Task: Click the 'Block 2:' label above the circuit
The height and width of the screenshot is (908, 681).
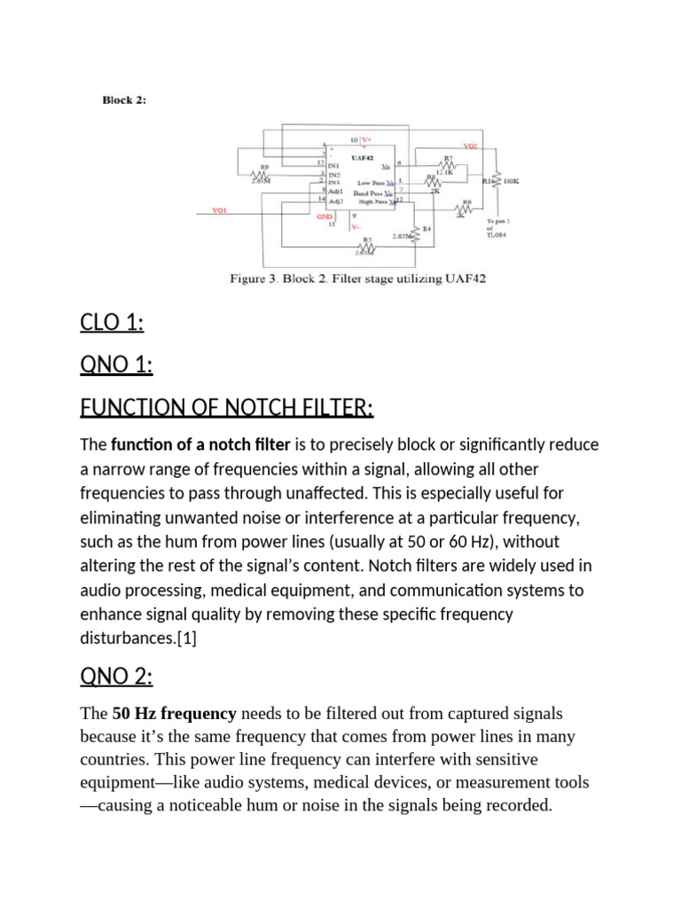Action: coord(124,100)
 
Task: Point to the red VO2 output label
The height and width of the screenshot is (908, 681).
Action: coord(470,146)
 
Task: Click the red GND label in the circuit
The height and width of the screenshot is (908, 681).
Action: coord(325,215)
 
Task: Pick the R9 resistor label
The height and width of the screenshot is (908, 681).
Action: coord(263,165)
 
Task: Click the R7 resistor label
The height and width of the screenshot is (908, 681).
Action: coord(448,159)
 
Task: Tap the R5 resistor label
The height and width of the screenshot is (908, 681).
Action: coord(367,239)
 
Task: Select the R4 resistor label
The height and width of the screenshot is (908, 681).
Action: coord(427,229)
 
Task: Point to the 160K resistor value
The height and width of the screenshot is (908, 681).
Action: coord(511,181)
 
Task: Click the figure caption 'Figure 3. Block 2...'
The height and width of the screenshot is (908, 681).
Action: coord(357,278)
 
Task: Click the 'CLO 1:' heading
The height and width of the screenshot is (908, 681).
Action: coord(112,323)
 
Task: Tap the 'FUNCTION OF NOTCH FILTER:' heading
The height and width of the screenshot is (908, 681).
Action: coord(227,408)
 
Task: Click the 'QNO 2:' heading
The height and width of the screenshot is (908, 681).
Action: coord(117,677)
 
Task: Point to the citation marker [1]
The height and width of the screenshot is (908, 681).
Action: coord(186,638)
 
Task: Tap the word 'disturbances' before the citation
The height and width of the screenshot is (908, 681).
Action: coord(127,638)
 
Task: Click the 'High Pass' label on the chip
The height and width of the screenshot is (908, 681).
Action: coord(370,201)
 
